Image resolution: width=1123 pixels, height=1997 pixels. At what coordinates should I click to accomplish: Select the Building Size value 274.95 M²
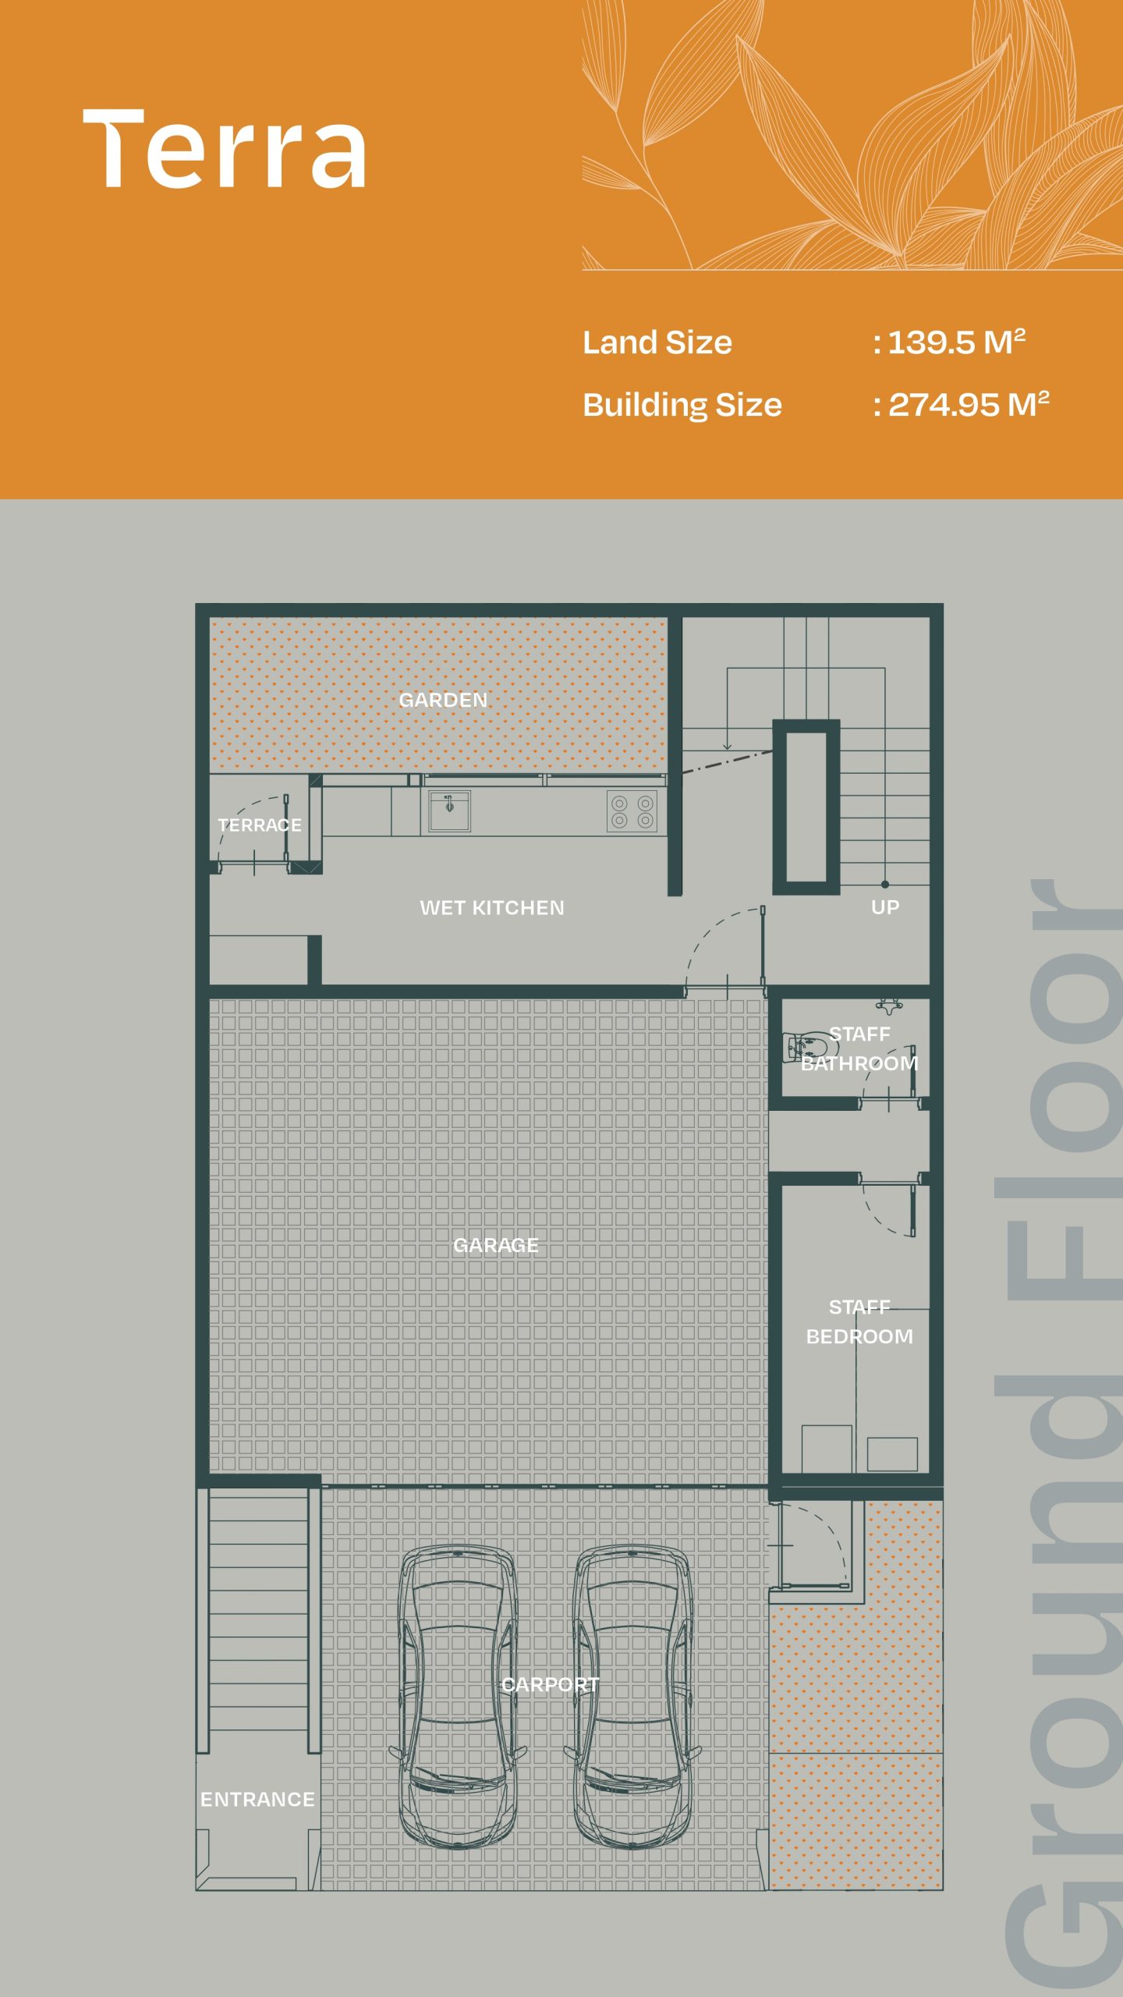(969, 405)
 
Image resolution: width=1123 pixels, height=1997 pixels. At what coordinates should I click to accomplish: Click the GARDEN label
(443, 700)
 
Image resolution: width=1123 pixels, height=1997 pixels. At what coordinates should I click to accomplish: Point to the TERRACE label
(260, 825)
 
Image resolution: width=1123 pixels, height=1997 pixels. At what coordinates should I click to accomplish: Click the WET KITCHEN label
(492, 908)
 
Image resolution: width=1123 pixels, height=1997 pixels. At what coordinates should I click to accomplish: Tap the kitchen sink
(450, 811)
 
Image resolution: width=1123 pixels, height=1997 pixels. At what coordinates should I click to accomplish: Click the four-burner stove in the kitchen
(632, 811)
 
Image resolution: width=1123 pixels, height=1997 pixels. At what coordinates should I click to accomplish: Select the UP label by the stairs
(885, 907)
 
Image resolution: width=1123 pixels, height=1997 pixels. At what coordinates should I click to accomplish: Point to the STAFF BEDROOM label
(859, 1321)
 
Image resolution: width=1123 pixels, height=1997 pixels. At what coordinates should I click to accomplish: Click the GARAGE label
(496, 1245)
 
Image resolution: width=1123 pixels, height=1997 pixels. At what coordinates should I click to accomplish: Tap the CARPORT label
(551, 1685)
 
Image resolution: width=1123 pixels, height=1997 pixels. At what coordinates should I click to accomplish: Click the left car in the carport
(458, 1697)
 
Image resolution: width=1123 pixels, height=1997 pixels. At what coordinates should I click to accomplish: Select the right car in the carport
(632, 1697)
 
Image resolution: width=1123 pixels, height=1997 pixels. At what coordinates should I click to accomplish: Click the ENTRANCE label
(257, 1800)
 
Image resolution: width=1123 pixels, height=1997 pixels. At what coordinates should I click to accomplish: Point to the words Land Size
(657, 342)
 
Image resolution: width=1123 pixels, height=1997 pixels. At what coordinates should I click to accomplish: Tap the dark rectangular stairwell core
(806, 807)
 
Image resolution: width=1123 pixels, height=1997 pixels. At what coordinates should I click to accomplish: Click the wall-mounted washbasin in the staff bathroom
(889, 1006)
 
